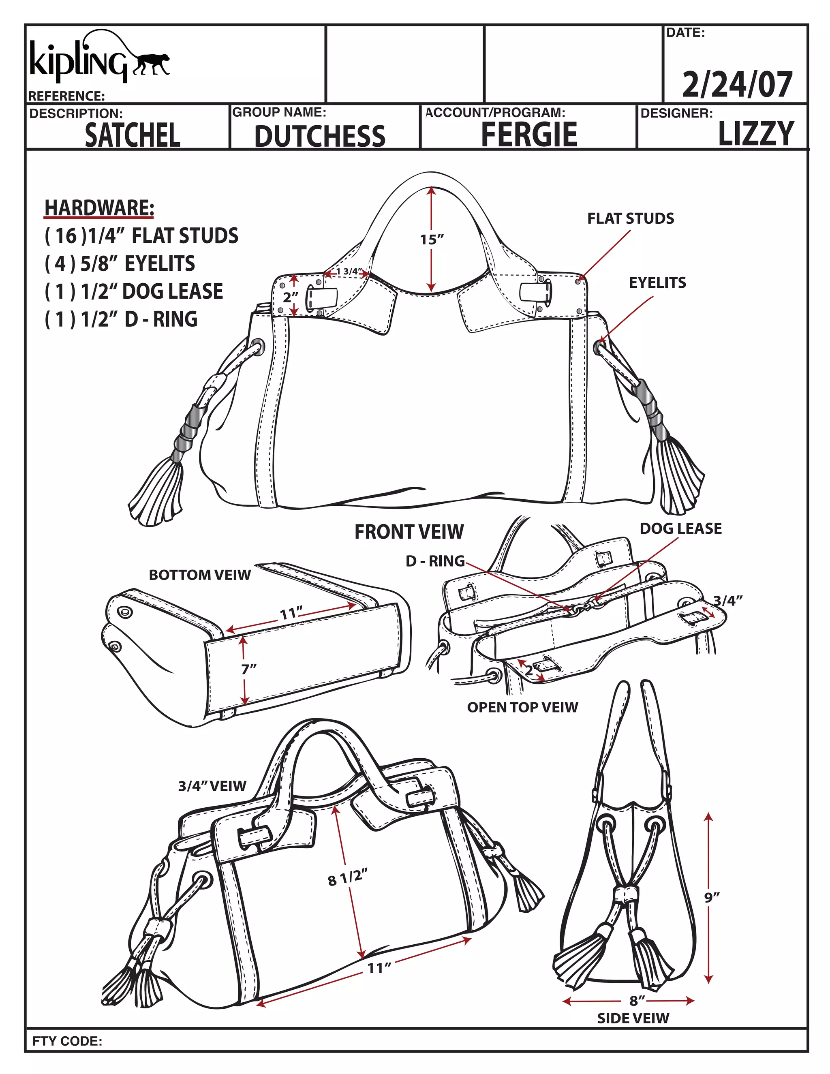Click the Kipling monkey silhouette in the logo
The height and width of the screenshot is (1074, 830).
pos(150,64)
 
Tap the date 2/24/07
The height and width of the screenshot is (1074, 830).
pos(737,85)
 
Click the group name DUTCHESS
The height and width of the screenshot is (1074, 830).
pos(320,136)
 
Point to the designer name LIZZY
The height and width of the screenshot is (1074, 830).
pos(756,134)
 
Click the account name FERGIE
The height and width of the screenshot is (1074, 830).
pos(529,134)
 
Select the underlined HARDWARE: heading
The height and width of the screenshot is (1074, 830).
pos(99,208)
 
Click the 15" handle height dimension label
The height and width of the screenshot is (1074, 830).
pos(432,240)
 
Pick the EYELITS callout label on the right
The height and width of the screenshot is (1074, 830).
pos(657,283)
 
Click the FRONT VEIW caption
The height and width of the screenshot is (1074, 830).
pos(409,532)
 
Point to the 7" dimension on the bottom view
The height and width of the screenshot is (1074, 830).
pos(249,669)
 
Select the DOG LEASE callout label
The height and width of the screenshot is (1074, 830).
pos(680,528)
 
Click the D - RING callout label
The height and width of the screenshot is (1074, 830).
pos(435,561)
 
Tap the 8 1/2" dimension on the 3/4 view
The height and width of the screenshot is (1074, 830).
pos(348,877)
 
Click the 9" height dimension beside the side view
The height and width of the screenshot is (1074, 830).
pos(712,897)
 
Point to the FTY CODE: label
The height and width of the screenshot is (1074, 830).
pos(67,1041)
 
